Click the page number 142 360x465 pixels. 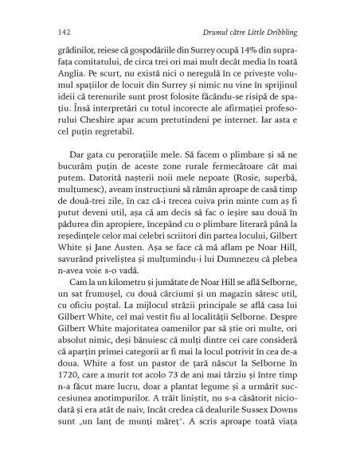pyautogui.click(x=53, y=30)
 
